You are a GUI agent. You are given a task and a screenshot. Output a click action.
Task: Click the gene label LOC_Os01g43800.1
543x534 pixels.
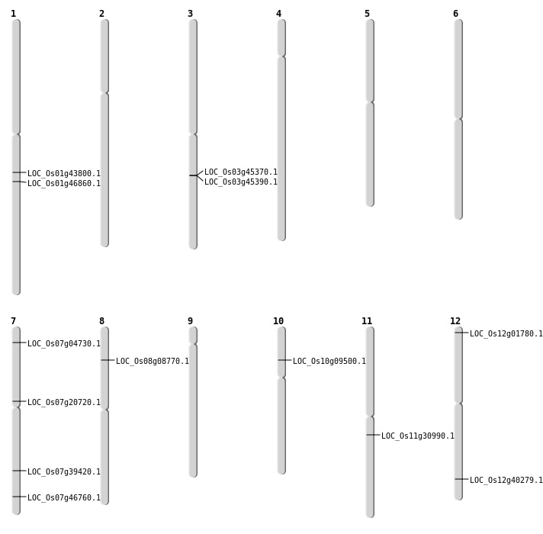point(64,174)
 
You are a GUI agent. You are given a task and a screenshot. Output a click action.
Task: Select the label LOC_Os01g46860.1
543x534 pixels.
point(64,184)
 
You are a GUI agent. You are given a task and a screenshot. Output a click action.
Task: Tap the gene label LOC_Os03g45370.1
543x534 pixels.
point(241,172)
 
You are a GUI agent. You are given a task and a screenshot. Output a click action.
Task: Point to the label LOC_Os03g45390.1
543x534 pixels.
point(241,182)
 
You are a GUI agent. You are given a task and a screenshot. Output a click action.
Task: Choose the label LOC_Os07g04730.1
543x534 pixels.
point(64,344)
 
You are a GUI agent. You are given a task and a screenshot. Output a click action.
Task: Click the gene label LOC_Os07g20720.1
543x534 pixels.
point(64,403)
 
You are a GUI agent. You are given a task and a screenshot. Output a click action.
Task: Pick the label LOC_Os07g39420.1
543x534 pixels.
point(64,472)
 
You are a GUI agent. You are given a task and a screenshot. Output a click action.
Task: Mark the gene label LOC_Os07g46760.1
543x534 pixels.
point(64,498)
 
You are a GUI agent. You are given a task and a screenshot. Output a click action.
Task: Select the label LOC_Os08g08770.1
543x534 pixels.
point(153,362)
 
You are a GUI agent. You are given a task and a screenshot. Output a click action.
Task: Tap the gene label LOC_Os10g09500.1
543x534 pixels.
point(329,362)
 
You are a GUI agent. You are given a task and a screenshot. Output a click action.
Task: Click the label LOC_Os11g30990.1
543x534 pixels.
point(418,436)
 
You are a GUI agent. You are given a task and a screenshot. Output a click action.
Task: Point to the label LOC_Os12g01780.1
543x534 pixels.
point(506,334)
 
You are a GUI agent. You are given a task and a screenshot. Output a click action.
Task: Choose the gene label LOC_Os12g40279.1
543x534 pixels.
point(506,481)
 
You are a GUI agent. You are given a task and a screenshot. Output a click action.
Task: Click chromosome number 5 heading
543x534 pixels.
point(367,14)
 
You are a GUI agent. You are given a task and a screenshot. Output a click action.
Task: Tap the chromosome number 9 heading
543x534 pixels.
point(190,321)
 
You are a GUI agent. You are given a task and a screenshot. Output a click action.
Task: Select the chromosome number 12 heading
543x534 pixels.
point(455,321)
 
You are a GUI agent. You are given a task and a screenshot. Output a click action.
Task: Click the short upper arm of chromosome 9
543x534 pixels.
point(193,336)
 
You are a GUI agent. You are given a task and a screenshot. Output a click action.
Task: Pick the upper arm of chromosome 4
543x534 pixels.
point(281,37)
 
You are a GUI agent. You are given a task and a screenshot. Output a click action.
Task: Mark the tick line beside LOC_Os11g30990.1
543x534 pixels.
point(373,435)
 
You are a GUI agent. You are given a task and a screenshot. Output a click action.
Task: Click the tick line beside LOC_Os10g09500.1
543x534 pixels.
point(284,360)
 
